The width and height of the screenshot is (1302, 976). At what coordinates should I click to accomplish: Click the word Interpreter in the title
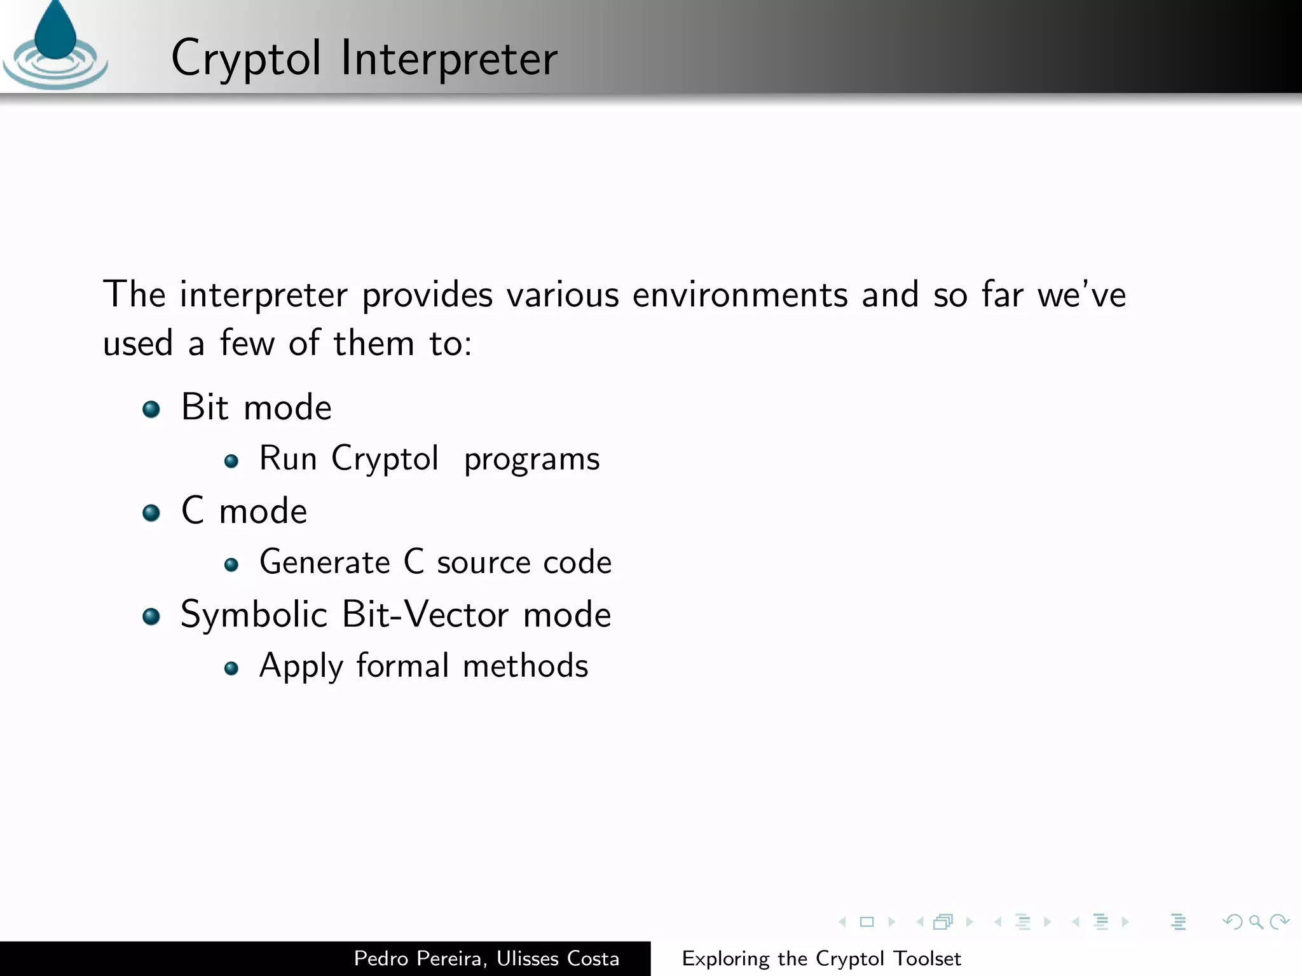click(449, 58)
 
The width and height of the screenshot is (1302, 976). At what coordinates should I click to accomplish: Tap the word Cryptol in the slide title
click(246, 58)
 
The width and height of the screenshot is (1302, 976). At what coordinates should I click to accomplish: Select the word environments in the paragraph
click(740, 295)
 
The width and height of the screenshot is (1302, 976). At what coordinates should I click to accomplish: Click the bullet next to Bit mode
click(151, 409)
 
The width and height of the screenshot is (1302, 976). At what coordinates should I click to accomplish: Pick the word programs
click(531, 459)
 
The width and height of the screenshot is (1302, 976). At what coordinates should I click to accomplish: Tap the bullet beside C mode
click(151, 512)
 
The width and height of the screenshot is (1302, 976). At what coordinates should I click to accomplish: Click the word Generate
click(324, 562)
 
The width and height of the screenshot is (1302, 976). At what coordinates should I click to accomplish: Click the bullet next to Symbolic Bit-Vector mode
click(151, 616)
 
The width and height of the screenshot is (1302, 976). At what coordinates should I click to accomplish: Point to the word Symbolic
click(254, 614)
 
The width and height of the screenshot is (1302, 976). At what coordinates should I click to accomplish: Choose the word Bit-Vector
click(425, 614)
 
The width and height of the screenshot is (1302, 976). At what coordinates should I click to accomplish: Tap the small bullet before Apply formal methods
click(231, 668)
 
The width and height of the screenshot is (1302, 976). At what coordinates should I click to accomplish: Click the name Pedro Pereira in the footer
click(421, 958)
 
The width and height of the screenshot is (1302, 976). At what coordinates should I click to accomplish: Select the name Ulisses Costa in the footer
click(558, 958)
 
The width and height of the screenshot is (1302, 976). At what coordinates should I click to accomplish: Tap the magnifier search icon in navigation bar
click(1256, 921)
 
